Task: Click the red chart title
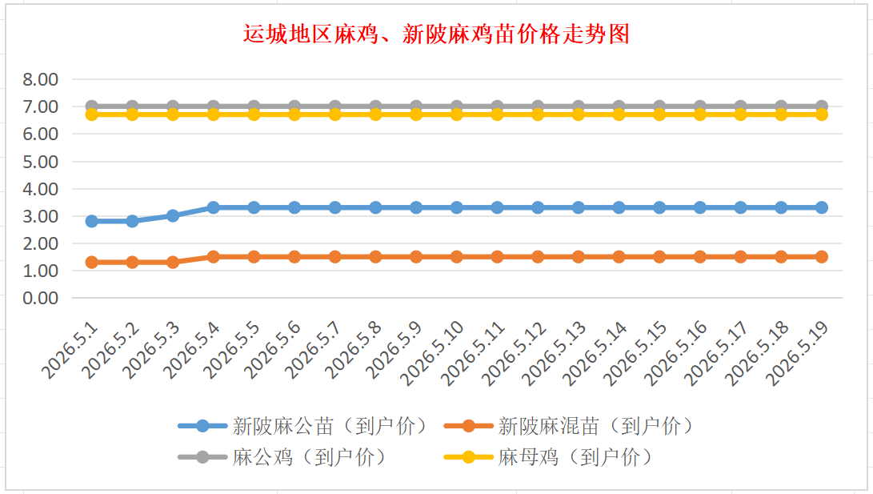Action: click(x=437, y=34)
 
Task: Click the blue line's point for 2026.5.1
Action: click(x=92, y=221)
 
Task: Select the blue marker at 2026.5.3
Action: click(x=173, y=215)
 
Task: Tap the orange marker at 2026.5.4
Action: click(x=213, y=257)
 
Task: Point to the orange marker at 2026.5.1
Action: click(x=92, y=263)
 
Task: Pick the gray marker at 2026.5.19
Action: click(x=822, y=106)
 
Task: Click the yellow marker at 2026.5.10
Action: click(x=457, y=114)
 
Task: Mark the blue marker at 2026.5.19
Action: click(x=822, y=207)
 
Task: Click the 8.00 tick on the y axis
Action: click(x=40, y=79)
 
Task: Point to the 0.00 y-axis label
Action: click(x=40, y=298)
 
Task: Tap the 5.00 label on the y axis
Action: click(x=40, y=162)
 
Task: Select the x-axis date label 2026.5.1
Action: click(x=70, y=351)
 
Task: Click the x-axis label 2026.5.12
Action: click(x=514, y=354)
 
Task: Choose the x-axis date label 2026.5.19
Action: click(x=798, y=354)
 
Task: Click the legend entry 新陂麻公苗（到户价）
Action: click(x=303, y=427)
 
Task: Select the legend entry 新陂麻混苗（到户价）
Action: click(x=568, y=427)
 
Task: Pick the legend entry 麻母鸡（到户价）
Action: click(x=548, y=457)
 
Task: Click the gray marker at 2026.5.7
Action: click(x=335, y=106)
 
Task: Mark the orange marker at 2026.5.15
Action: click(x=659, y=257)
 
